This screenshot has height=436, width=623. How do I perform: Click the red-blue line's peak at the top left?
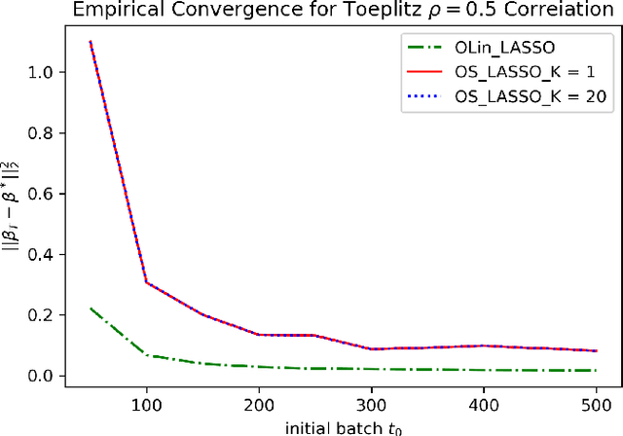(x=90, y=42)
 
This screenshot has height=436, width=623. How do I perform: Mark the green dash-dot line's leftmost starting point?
(x=90, y=309)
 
